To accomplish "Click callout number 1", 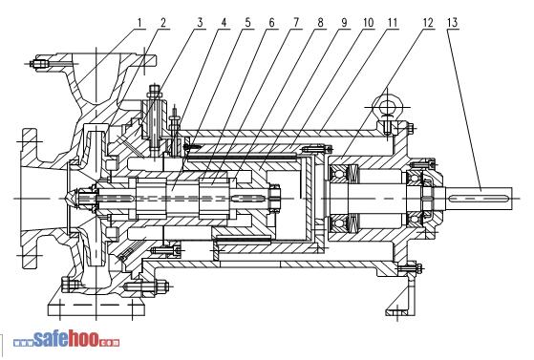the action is point(139,23).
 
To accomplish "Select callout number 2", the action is point(163,23).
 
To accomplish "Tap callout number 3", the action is point(200,23).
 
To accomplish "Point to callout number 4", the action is point(224,23).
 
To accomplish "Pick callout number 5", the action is point(247,23).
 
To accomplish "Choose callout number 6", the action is point(271,23).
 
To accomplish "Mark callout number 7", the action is point(295,23).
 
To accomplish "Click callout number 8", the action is point(320,23).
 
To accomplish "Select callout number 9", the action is point(344,23).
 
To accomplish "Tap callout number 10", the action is point(369,23).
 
